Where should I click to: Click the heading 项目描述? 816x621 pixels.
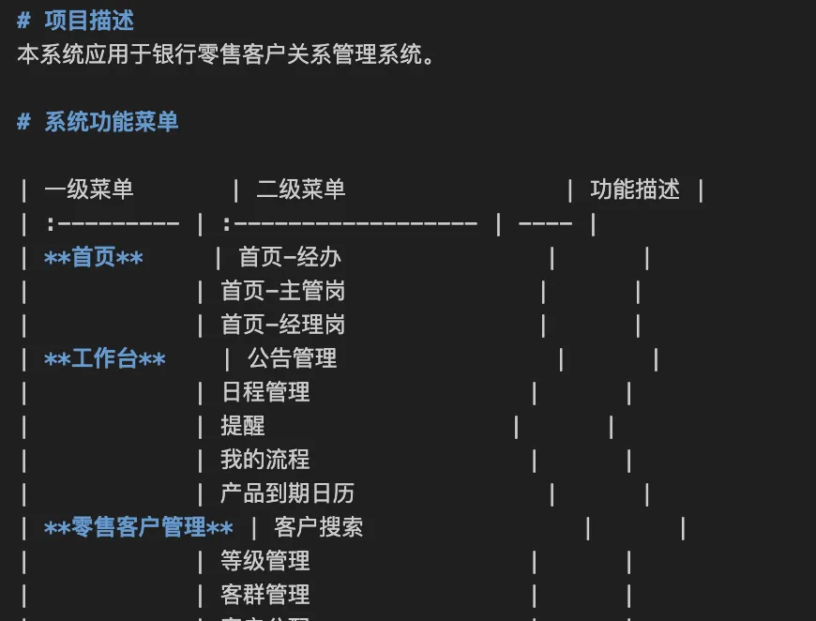click(89, 21)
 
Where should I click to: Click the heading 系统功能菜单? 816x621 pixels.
click(111, 122)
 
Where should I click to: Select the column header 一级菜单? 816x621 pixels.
click(89, 189)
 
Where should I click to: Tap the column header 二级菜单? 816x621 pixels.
click(301, 189)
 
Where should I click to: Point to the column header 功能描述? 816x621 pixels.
click(635, 189)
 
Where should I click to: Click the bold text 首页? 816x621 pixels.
click(94, 257)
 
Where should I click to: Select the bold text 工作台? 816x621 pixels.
click(105, 358)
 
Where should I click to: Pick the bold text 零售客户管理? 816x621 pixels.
click(139, 527)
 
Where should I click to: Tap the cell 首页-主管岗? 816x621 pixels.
click(283, 291)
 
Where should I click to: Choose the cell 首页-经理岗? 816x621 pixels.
click(283, 325)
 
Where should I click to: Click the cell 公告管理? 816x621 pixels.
click(292, 358)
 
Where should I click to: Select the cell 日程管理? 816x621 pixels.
click(265, 392)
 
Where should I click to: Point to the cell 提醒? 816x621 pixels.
click(243, 426)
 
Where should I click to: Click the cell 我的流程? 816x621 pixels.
click(265, 460)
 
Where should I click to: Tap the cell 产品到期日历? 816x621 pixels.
click(287, 493)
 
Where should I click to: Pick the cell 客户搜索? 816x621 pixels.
click(319, 527)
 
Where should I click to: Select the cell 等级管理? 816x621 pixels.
click(265, 561)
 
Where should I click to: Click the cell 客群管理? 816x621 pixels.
click(265, 595)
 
